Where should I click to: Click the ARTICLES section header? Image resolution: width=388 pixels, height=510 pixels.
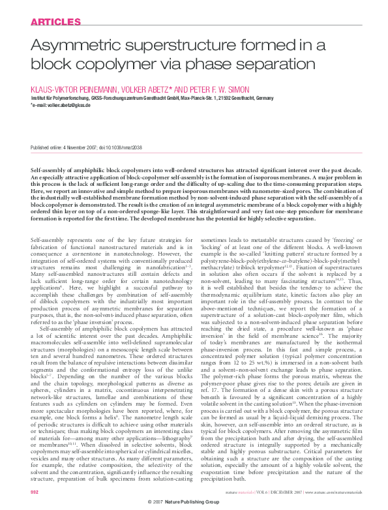tap(49, 22)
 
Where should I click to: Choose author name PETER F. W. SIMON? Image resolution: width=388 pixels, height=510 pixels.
tap(207, 87)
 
